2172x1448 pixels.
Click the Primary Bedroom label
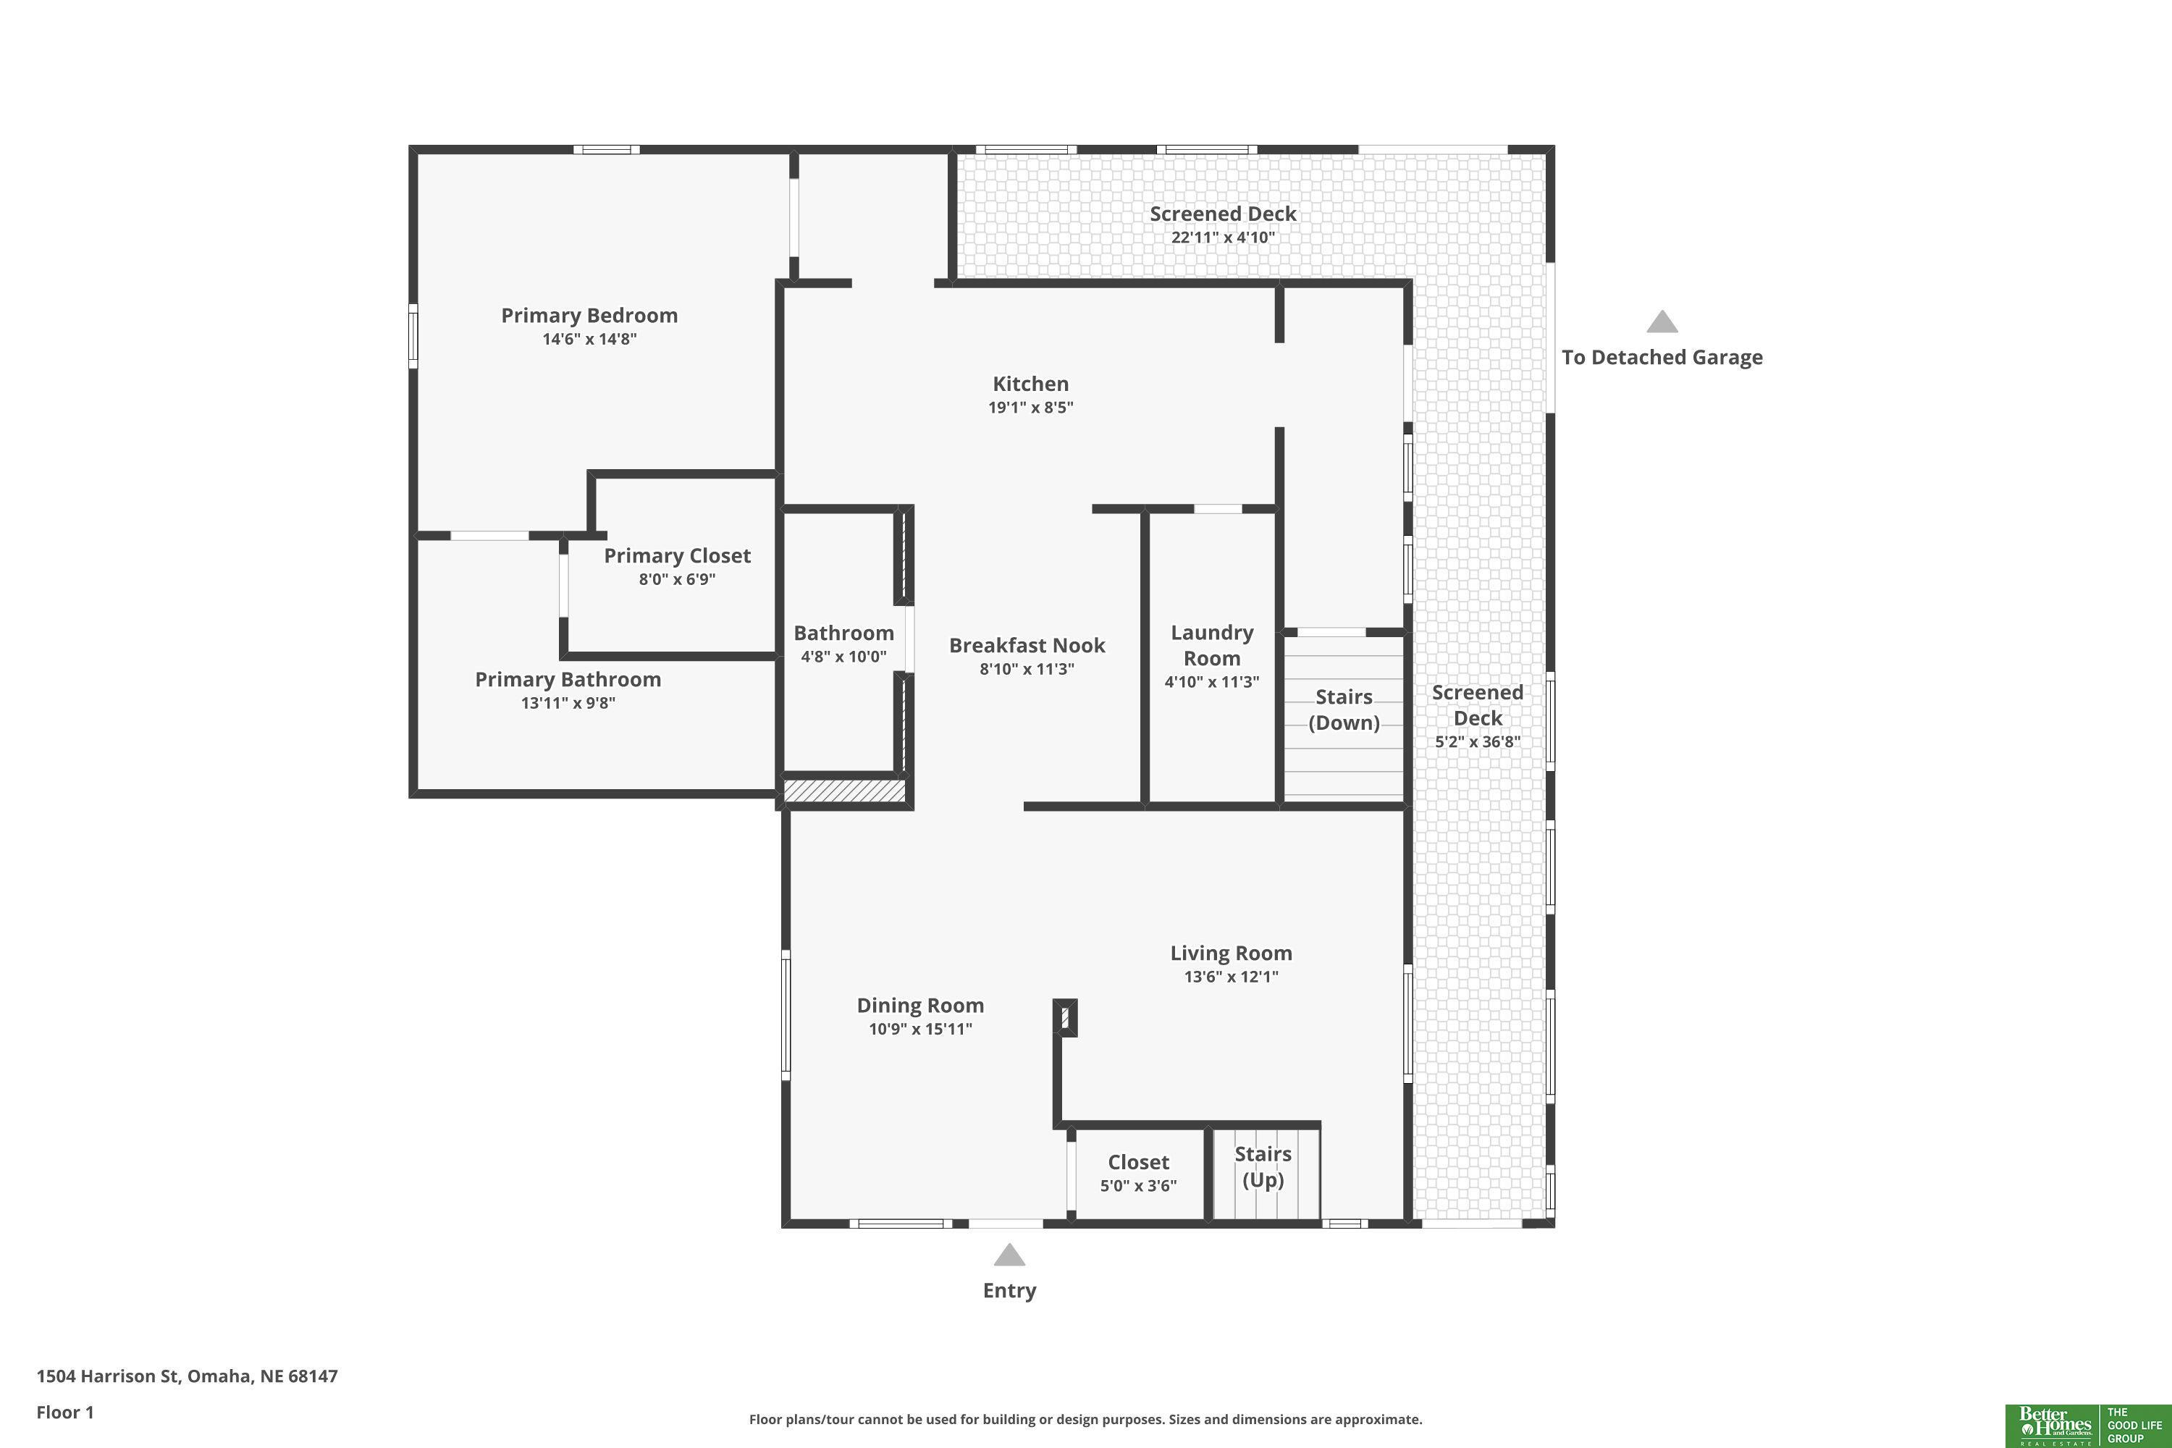[x=589, y=316]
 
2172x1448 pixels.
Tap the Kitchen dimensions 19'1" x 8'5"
[x=1030, y=407]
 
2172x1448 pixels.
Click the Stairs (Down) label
[x=1344, y=710]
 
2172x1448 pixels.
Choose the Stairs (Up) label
[x=1263, y=1166]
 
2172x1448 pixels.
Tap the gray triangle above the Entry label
[x=1009, y=1254]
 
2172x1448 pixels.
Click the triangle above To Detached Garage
[x=1662, y=321]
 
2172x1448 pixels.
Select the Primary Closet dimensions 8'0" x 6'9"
[x=677, y=580]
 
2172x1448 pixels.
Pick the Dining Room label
[x=919, y=1006]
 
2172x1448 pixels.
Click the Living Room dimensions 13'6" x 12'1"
[x=1231, y=977]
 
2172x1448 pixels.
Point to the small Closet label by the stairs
[x=1137, y=1163]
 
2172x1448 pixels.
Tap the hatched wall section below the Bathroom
[x=844, y=791]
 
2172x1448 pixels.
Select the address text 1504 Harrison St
[x=107, y=1376]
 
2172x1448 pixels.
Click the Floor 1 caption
[x=64, y=1412]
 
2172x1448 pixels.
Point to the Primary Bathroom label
[x=568, y=680]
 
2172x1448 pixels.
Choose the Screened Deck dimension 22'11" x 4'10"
[x=1223, y=237]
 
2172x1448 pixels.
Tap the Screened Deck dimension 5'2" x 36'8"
[x=1478, y=741]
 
